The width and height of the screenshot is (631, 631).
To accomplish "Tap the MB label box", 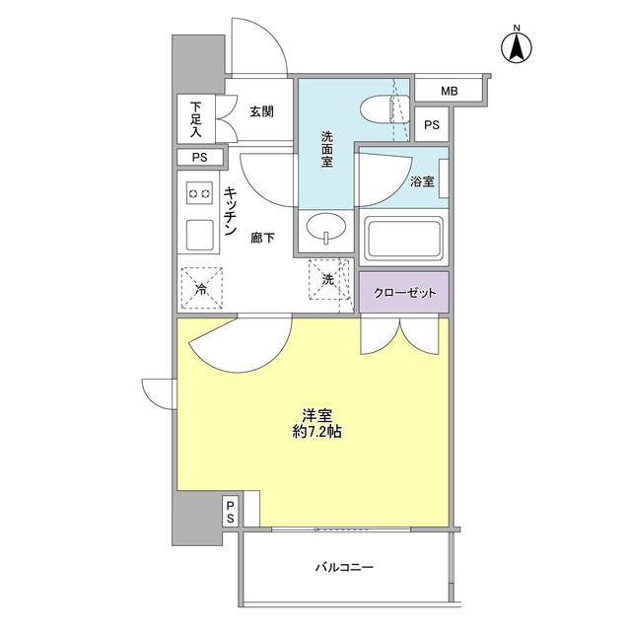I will [x=450, y=92].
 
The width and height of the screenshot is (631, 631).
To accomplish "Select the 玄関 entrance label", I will [x=261, y=112].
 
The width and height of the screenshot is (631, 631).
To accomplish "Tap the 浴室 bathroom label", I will [x=422, y=181].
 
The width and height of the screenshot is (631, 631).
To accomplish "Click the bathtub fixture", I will [x=405, y=238].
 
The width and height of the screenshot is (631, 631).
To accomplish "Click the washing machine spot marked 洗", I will [x=328, y=280].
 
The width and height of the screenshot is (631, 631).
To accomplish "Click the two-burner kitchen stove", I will [x=200, y=194].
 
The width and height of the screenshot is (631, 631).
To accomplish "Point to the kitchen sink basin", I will [x=200, y=236].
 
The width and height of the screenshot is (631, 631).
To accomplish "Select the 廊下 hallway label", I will [x=262, y=238].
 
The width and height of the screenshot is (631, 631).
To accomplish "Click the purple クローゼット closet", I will [x=403, y=292].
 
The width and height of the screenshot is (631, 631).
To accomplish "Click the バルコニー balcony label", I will [x=345, y=569].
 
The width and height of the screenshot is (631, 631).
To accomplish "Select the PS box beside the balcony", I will [x=229, y=511].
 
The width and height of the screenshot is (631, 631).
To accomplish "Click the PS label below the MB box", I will [x=431, y=124].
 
